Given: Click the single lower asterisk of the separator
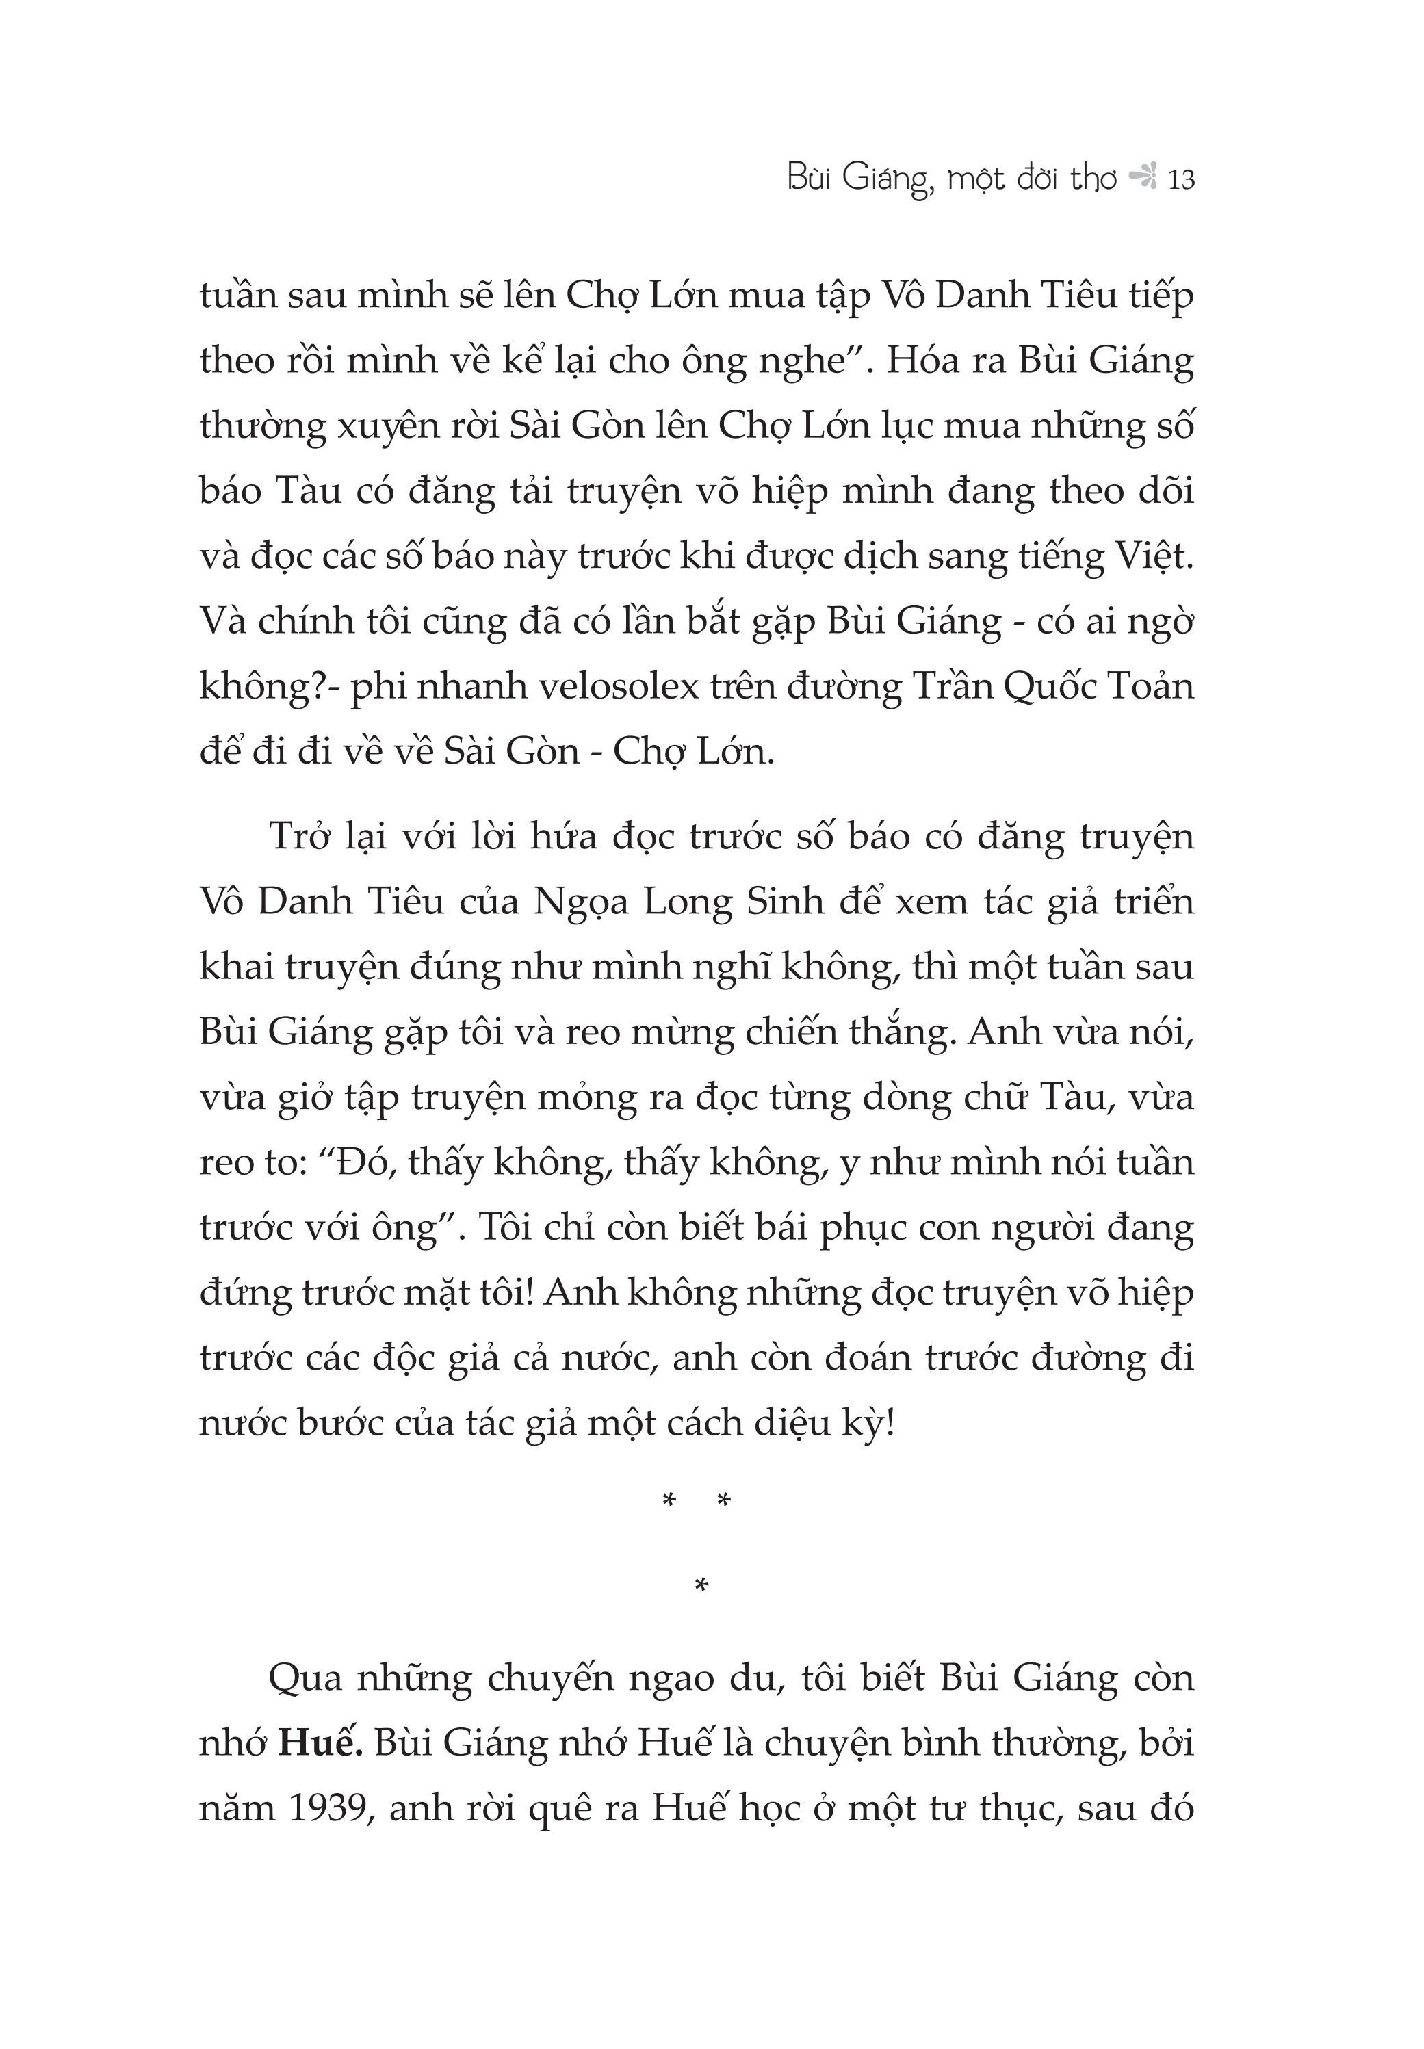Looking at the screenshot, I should point(701,1585).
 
